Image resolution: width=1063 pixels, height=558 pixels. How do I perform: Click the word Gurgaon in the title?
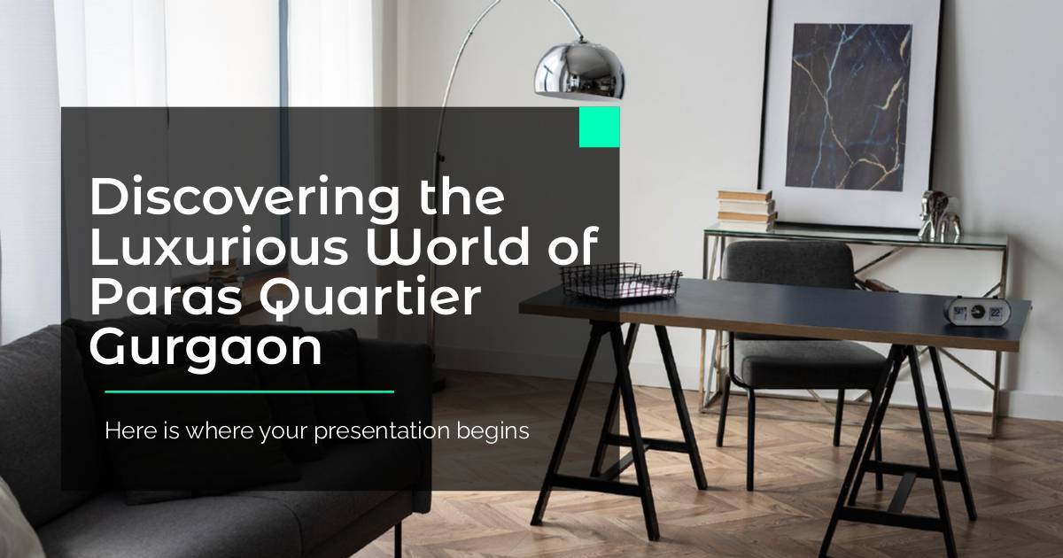click(206, 349)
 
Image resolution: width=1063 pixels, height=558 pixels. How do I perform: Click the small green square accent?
click(600, 127)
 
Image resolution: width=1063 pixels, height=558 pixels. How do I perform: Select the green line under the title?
click(249, 391)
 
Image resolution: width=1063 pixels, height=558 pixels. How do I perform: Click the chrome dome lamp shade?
click(579, 71)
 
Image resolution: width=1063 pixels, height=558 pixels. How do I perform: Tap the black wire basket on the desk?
click(621, 281)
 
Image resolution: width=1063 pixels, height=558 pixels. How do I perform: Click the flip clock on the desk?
click(976, 312)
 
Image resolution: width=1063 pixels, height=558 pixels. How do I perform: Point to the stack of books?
click(746, 210)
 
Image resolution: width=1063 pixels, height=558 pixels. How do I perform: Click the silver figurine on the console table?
click(940, 216)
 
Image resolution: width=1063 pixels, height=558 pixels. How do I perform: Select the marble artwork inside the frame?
click(849, 107)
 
